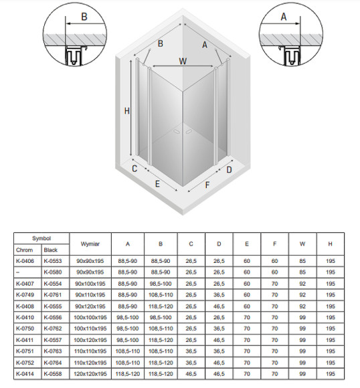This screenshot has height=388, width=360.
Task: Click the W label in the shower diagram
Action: [x=183, y=61]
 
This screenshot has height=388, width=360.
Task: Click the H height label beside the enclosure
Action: [x=127, y=110]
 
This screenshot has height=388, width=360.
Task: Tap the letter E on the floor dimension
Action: [x=157, y=184]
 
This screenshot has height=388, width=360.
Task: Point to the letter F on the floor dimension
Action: [x=207, y=185]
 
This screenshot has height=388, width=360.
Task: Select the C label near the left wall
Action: [x=134, y=169]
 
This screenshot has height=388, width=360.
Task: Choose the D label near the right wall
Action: [x=230, y=170]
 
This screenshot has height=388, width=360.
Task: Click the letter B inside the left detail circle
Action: [x=84, y=17]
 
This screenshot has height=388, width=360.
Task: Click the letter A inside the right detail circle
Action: [x=284, y=17]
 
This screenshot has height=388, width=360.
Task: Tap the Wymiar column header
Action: [x=90, y=244]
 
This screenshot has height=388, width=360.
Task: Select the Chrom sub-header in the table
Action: [x=24, y=250]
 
